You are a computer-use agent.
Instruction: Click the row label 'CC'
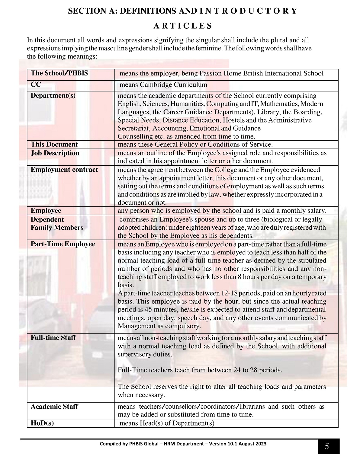coord(36,85)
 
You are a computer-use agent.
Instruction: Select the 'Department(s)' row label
coord(53,96)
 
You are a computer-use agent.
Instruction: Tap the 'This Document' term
coord(54,144)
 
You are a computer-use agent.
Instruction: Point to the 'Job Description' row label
coord(55,153)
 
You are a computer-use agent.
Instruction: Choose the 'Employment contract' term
coord(64,170)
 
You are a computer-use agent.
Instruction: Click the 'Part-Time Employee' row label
coord(63,244)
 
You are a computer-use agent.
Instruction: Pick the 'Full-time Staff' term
coord(53,338)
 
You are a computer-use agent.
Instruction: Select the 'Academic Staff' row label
coord(54,407)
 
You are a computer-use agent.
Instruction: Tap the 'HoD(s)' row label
coord(42,423)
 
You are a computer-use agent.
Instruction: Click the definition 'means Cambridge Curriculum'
coord(163,85)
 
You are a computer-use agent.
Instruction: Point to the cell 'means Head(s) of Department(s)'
coord(167,423)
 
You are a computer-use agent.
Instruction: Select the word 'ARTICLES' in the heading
coord(183,26)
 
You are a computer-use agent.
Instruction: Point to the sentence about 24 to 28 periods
coord(200,370)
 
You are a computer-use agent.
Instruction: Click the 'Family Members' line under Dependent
coord(57,228)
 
